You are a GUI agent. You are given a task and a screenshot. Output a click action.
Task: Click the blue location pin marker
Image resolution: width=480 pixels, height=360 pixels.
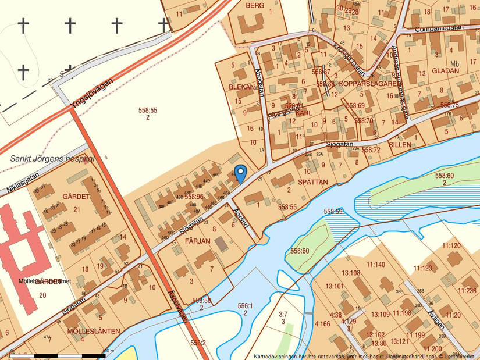[x=240, y=173]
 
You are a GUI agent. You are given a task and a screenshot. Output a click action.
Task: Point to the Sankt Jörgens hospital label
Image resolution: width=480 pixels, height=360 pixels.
[x=52, y=158]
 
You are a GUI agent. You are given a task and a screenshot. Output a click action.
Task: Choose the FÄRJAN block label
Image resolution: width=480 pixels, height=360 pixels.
[x=197, y=240]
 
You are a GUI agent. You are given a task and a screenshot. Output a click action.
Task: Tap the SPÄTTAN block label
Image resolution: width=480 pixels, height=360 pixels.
[x=313, y=182]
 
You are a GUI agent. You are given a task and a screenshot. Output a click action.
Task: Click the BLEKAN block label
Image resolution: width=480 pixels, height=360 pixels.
[x=241, y=87]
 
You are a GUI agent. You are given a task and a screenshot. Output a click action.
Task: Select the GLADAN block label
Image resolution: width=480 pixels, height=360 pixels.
[x=446, y=71]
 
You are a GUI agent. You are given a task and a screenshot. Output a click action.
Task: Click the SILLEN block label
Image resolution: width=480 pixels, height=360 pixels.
[x=400, y=144]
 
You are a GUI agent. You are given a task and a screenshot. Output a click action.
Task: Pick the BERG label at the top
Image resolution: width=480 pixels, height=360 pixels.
[x=255, y=5]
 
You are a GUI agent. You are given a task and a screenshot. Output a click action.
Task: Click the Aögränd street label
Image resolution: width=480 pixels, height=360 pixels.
[x=240, y=217]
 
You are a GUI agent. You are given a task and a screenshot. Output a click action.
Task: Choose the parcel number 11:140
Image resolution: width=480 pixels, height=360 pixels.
[x=375, y=265]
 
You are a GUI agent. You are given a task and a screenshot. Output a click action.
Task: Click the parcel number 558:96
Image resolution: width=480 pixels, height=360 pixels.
[x=194, y=197]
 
